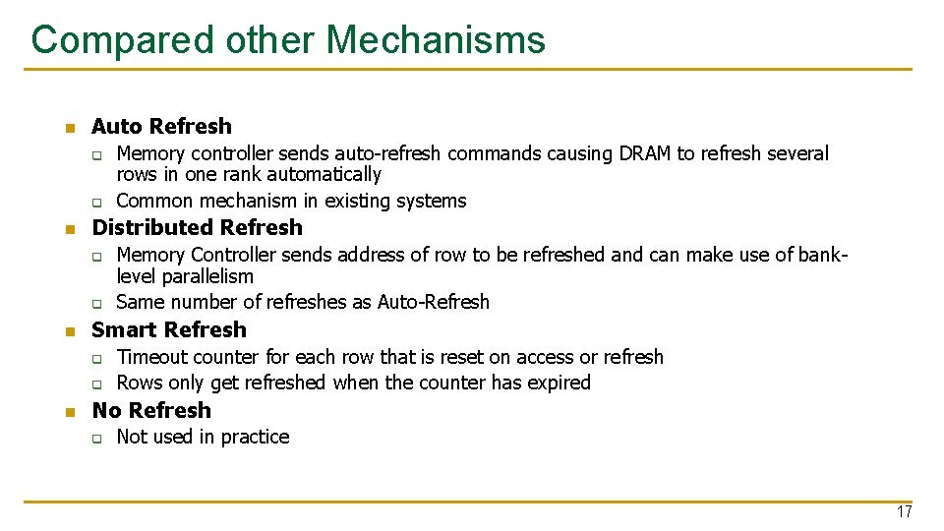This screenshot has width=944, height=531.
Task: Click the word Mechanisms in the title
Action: coord(436,40)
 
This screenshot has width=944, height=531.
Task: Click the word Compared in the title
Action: coord(123,40)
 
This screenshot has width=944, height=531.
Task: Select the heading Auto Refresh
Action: coord(161,126)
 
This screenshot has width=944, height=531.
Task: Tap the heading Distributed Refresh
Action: coord(197,227)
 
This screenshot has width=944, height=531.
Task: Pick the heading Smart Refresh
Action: coord(169,329)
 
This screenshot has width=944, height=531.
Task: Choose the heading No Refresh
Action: coord(151,410)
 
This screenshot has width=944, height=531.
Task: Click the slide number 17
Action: coord(904,512)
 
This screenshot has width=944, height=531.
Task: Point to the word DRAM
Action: coord(645,153)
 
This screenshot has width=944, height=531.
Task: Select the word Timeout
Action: coord(148,357)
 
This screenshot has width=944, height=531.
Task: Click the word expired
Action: coord(558,383)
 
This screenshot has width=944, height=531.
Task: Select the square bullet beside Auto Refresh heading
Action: coord(68,128)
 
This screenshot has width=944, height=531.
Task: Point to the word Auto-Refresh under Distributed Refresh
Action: coord(434,302)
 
